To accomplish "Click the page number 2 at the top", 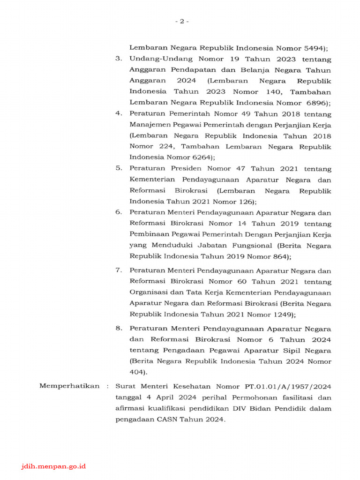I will pos(182,22).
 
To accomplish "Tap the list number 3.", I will pos(119,60).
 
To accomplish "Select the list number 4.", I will pos(119,114).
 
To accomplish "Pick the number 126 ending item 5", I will pos(245,202).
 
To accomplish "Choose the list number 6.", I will pos(119,212).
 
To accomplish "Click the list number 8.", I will pos(119,329).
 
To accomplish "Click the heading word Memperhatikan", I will pos(69,386).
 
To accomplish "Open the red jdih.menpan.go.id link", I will pos(54,466).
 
